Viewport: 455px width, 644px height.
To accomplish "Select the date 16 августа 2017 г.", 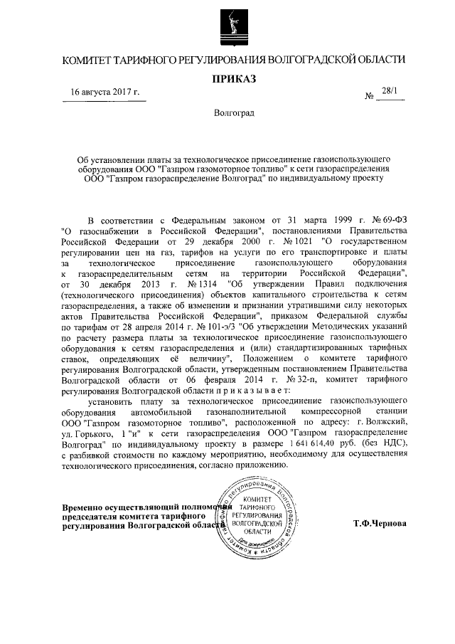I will (105, 93).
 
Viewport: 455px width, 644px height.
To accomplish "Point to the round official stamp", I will (257, 517).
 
